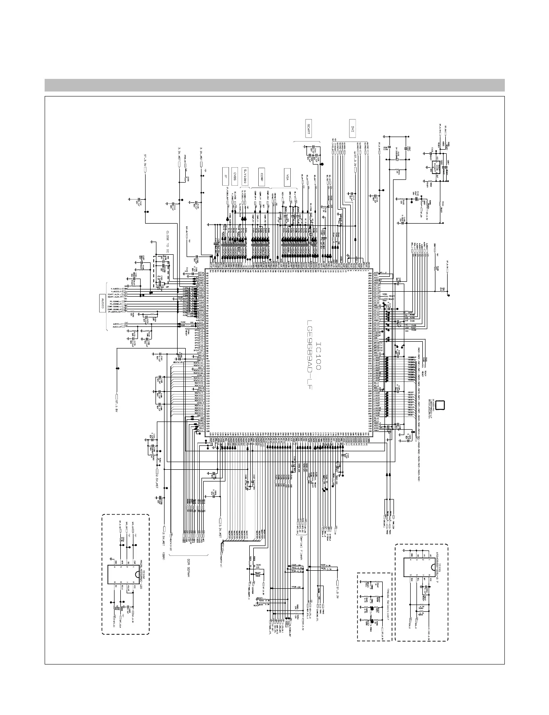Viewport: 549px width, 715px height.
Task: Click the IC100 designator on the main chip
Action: click(x=318, y=356)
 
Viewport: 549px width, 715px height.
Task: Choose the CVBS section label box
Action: click(x=235, y=175)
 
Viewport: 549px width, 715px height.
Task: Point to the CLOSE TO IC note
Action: click(x=167, y=244)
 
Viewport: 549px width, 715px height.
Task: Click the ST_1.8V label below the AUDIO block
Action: click(x=116, y=399)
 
